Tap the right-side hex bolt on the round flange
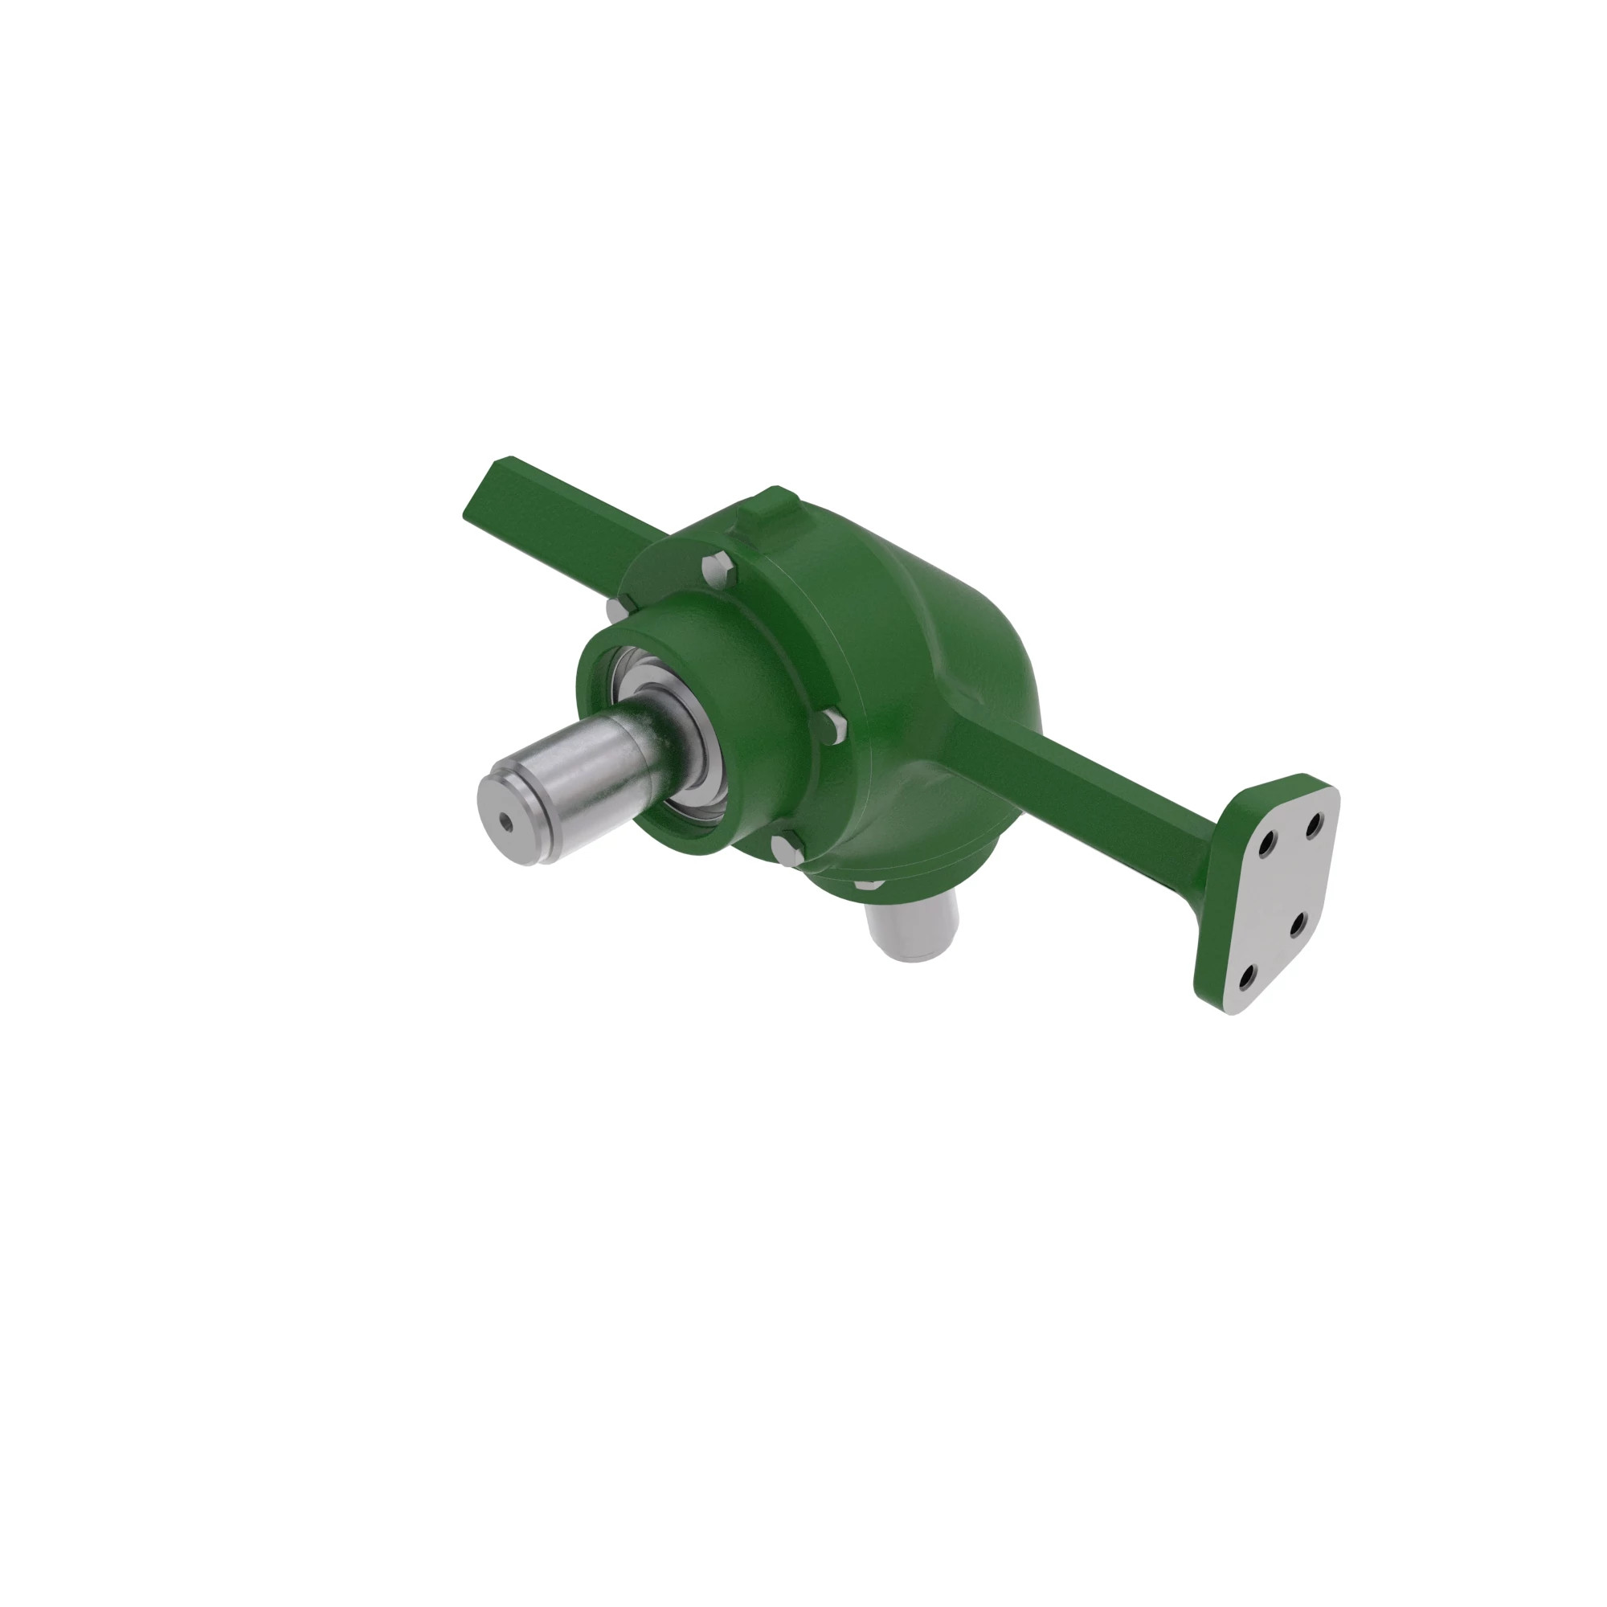[x=831, y=729]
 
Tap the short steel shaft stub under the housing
[x=912, y=929]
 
